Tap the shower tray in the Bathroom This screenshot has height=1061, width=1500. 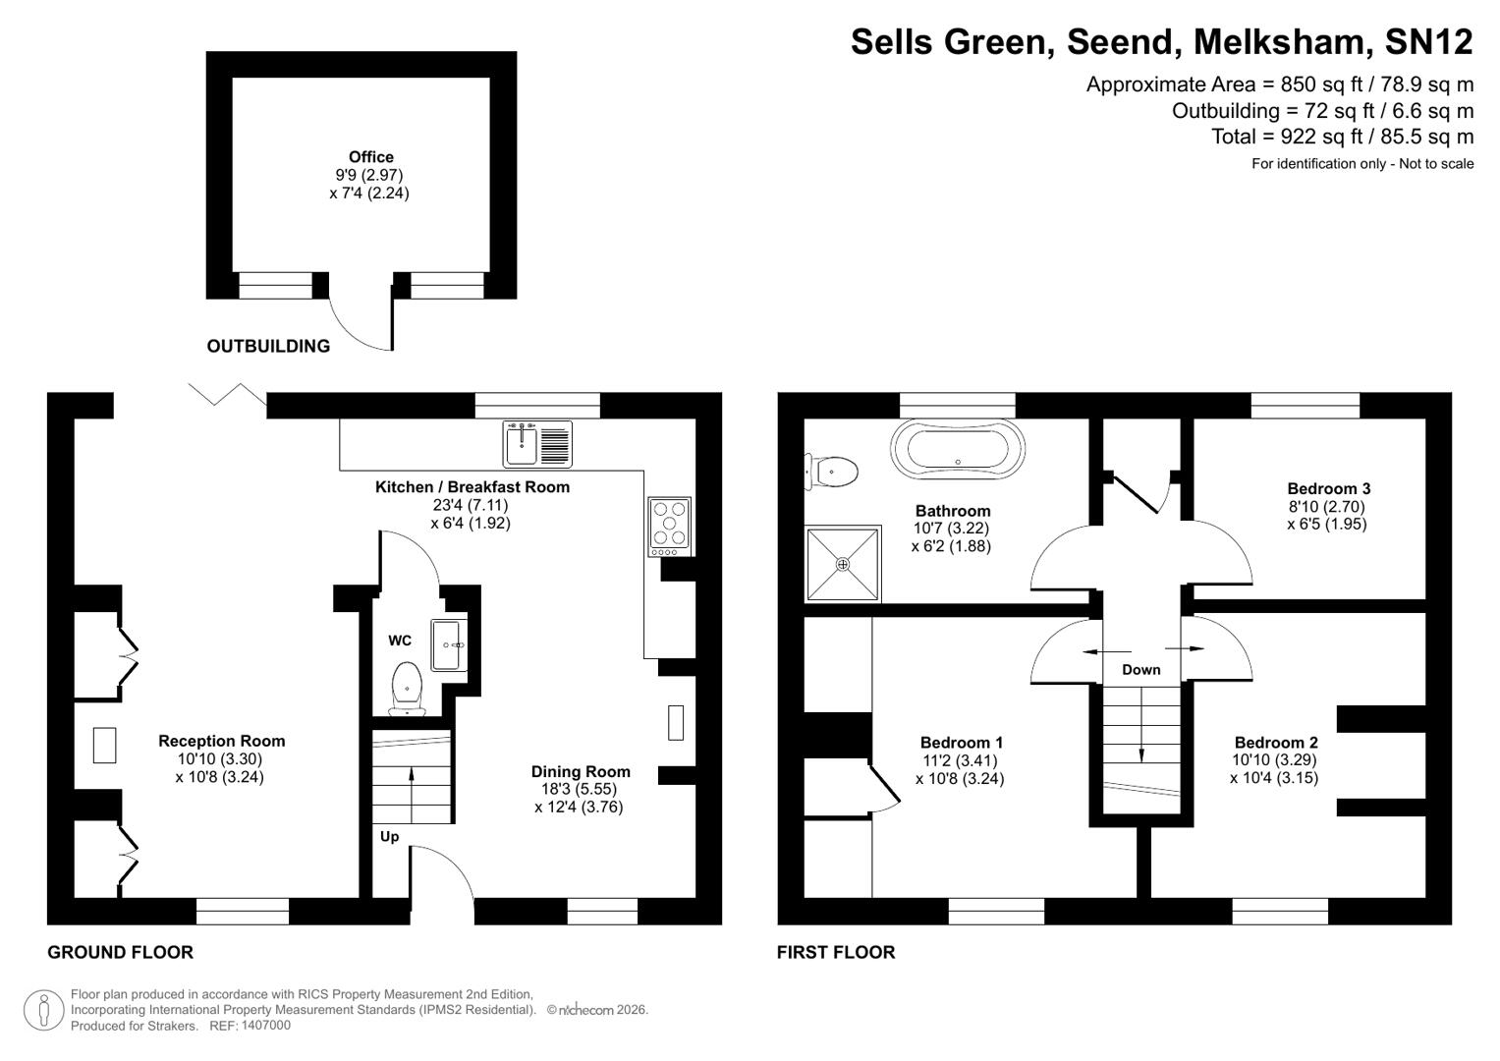tap(843, 564)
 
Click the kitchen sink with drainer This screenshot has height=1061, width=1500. tap(537, 443)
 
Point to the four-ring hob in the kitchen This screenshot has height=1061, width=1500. tap(669, 523)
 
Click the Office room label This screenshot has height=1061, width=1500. tap(370, 157)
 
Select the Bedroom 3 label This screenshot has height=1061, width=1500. tap(1328, 489)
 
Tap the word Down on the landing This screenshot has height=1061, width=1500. tap(1140, 670)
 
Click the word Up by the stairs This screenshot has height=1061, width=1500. tap(389, 837)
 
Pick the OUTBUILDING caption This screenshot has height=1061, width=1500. tap(268, 346)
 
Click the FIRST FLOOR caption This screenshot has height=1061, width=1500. tap(835, 952)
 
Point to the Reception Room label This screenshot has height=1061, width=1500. tap(221, 742)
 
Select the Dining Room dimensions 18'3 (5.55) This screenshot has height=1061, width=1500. tap(579, 790)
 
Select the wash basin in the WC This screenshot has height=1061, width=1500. tap(447, 644)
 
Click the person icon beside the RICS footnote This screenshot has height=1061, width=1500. tap(43, 1010)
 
